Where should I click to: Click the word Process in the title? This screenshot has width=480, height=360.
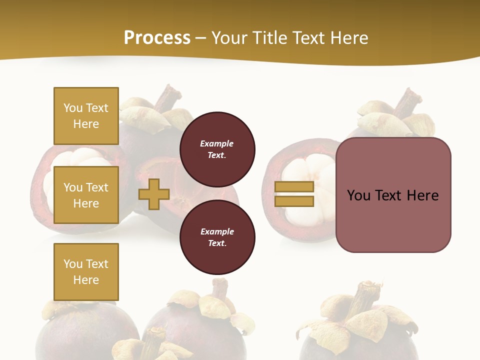(x=157, y=38)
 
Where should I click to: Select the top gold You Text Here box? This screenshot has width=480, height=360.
(x=86, y=116)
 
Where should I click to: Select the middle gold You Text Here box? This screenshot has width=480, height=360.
(x=86, y=195)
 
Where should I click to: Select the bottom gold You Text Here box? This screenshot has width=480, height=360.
(x=86, y=272)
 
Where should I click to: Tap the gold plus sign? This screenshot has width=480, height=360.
(x=154, y=194)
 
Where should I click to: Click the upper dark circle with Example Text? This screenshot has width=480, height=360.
(x=217, y=149)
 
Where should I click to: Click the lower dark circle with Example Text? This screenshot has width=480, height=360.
(x=217, y=237)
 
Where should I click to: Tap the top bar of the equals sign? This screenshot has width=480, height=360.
(x=294, y=187)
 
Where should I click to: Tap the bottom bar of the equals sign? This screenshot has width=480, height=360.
(x=294, y=201)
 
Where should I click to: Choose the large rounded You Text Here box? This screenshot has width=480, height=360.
(x=393, y=195)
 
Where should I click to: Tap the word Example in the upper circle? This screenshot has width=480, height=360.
(x=217, y=143)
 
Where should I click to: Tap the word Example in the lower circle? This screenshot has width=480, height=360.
(x=217, y=231)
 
